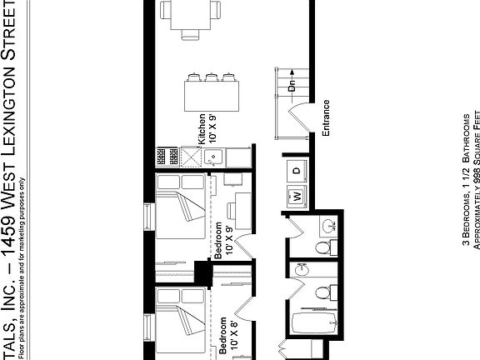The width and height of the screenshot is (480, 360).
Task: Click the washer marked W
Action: (x=296, y=197)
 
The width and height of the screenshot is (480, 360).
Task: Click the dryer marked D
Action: (x=297, y=170)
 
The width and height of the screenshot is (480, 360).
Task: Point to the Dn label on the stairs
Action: (x=292, y=86)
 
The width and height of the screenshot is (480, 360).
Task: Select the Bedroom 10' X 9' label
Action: (x=222, y=242)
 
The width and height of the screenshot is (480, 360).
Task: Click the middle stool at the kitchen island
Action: (x=208, y=77)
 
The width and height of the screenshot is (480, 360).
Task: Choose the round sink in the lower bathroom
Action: (x=302, y=270)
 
